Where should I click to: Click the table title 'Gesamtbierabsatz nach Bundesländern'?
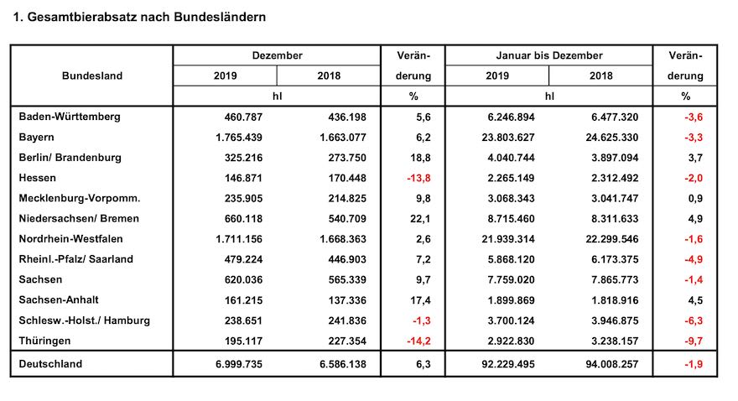148,17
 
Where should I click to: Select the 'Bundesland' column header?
92,76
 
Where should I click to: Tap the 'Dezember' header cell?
277,55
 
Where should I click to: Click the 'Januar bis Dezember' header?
548,55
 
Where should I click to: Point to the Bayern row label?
38,137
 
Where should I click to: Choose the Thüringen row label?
45,341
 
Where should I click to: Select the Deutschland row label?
52,365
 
